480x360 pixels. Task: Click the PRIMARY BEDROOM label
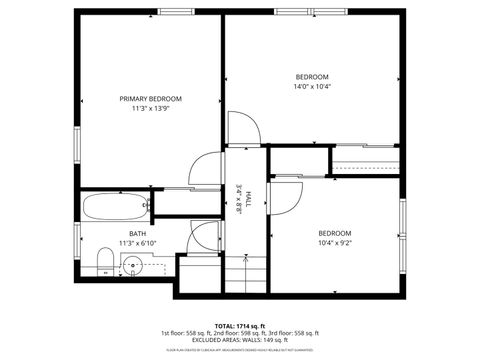(x=151, y=98)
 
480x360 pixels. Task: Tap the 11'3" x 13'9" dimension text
(x=151, y=109)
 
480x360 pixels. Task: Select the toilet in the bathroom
(x=105, y=263)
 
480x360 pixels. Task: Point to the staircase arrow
(x=245, y=262)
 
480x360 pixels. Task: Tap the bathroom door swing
(x=205, y=237)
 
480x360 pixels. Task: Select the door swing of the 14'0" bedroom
(x=243, y=129)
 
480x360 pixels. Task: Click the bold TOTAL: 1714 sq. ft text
(x=240, y=326)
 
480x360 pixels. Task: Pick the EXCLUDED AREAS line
(x=240, y=340)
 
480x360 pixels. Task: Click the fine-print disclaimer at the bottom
(x=240, y=350)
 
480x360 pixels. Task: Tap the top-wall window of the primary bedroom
(x=175, y=12)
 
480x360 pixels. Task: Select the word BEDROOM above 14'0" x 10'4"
(x=312, y=77)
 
